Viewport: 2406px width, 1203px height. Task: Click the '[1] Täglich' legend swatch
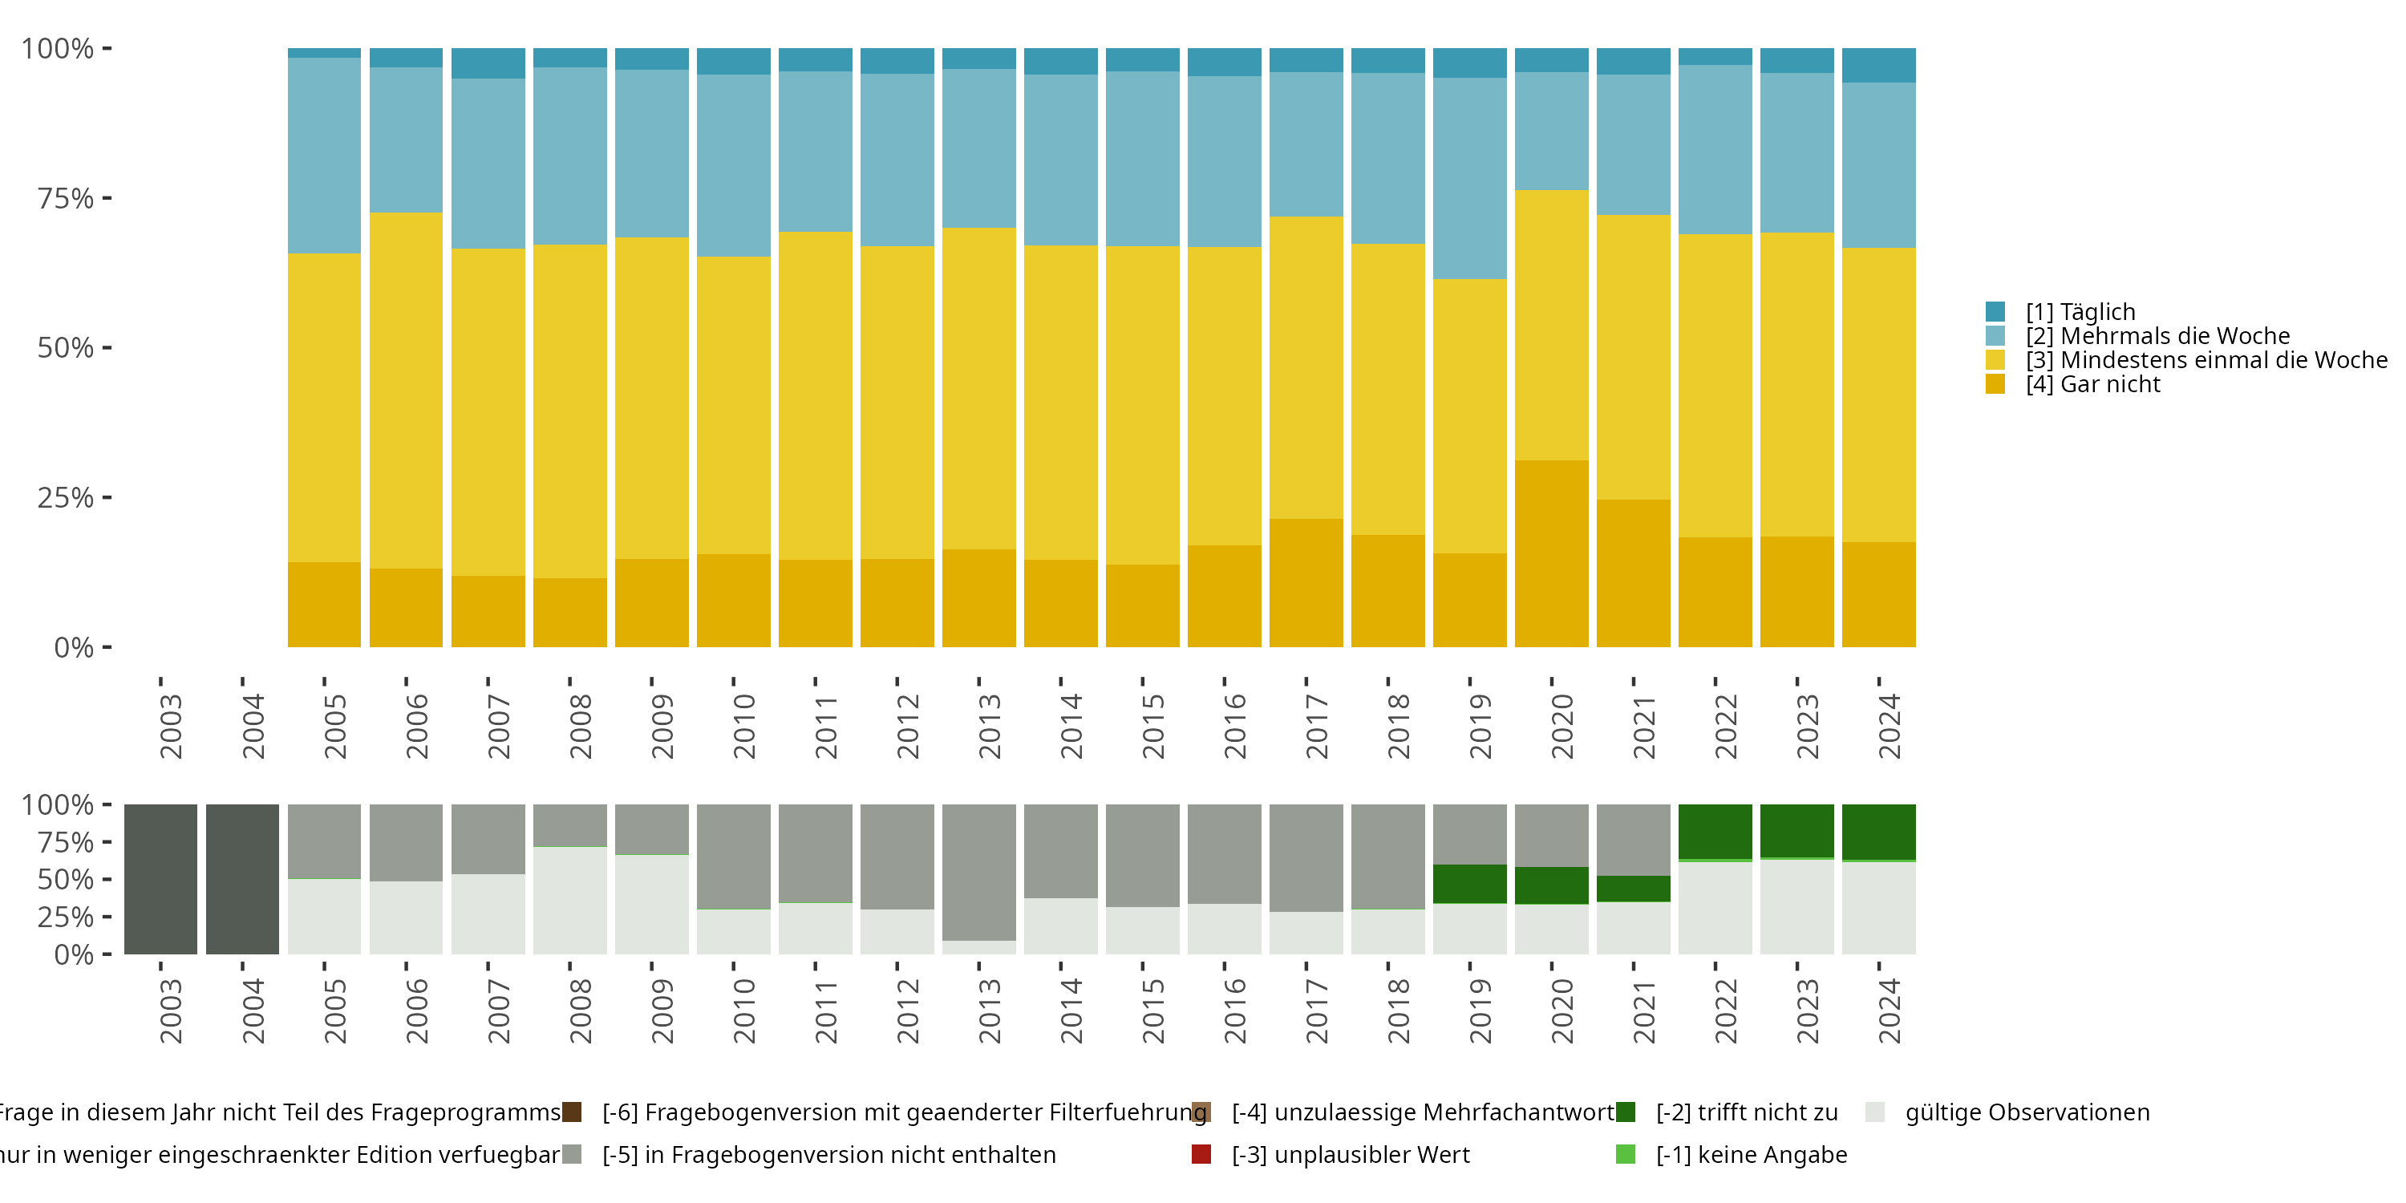1995,311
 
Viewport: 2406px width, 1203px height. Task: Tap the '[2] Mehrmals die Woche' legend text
2157,336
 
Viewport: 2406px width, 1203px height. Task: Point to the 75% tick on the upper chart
66,198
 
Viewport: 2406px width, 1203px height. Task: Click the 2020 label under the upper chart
1561,726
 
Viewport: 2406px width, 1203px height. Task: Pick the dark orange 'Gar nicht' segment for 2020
1551,553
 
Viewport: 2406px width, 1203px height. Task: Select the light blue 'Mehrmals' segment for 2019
1469,178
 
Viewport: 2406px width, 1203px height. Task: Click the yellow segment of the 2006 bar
407,391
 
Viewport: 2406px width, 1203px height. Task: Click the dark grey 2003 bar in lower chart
160,879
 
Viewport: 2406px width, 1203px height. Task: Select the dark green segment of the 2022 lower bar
1715,831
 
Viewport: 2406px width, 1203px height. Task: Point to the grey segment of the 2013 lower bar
978,872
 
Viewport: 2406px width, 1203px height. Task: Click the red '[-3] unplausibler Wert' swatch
1201,1154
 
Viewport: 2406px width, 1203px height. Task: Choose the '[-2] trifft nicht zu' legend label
1747,1112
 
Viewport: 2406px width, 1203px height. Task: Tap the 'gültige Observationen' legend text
2027,1112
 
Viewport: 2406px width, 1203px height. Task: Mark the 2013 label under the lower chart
989,1011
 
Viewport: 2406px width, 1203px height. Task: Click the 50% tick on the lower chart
66,880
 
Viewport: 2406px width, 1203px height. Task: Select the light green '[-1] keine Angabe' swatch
1625,1154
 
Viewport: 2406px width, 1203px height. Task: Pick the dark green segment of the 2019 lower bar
1469,884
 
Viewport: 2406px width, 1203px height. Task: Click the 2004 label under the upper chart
252,726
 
